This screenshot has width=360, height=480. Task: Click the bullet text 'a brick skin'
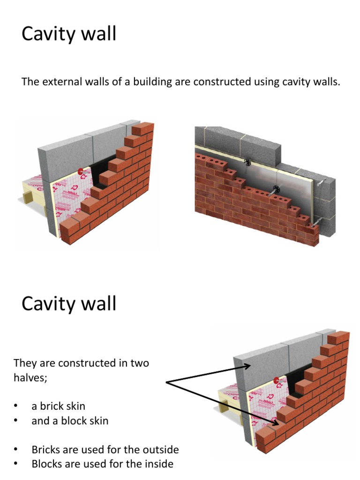pos(58,406)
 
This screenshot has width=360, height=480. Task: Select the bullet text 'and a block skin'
pos(70,421)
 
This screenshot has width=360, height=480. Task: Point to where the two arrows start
pos(167,383)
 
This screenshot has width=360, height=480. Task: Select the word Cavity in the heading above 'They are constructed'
pos(45,304)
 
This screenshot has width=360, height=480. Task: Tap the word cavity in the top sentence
pos(294,82)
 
